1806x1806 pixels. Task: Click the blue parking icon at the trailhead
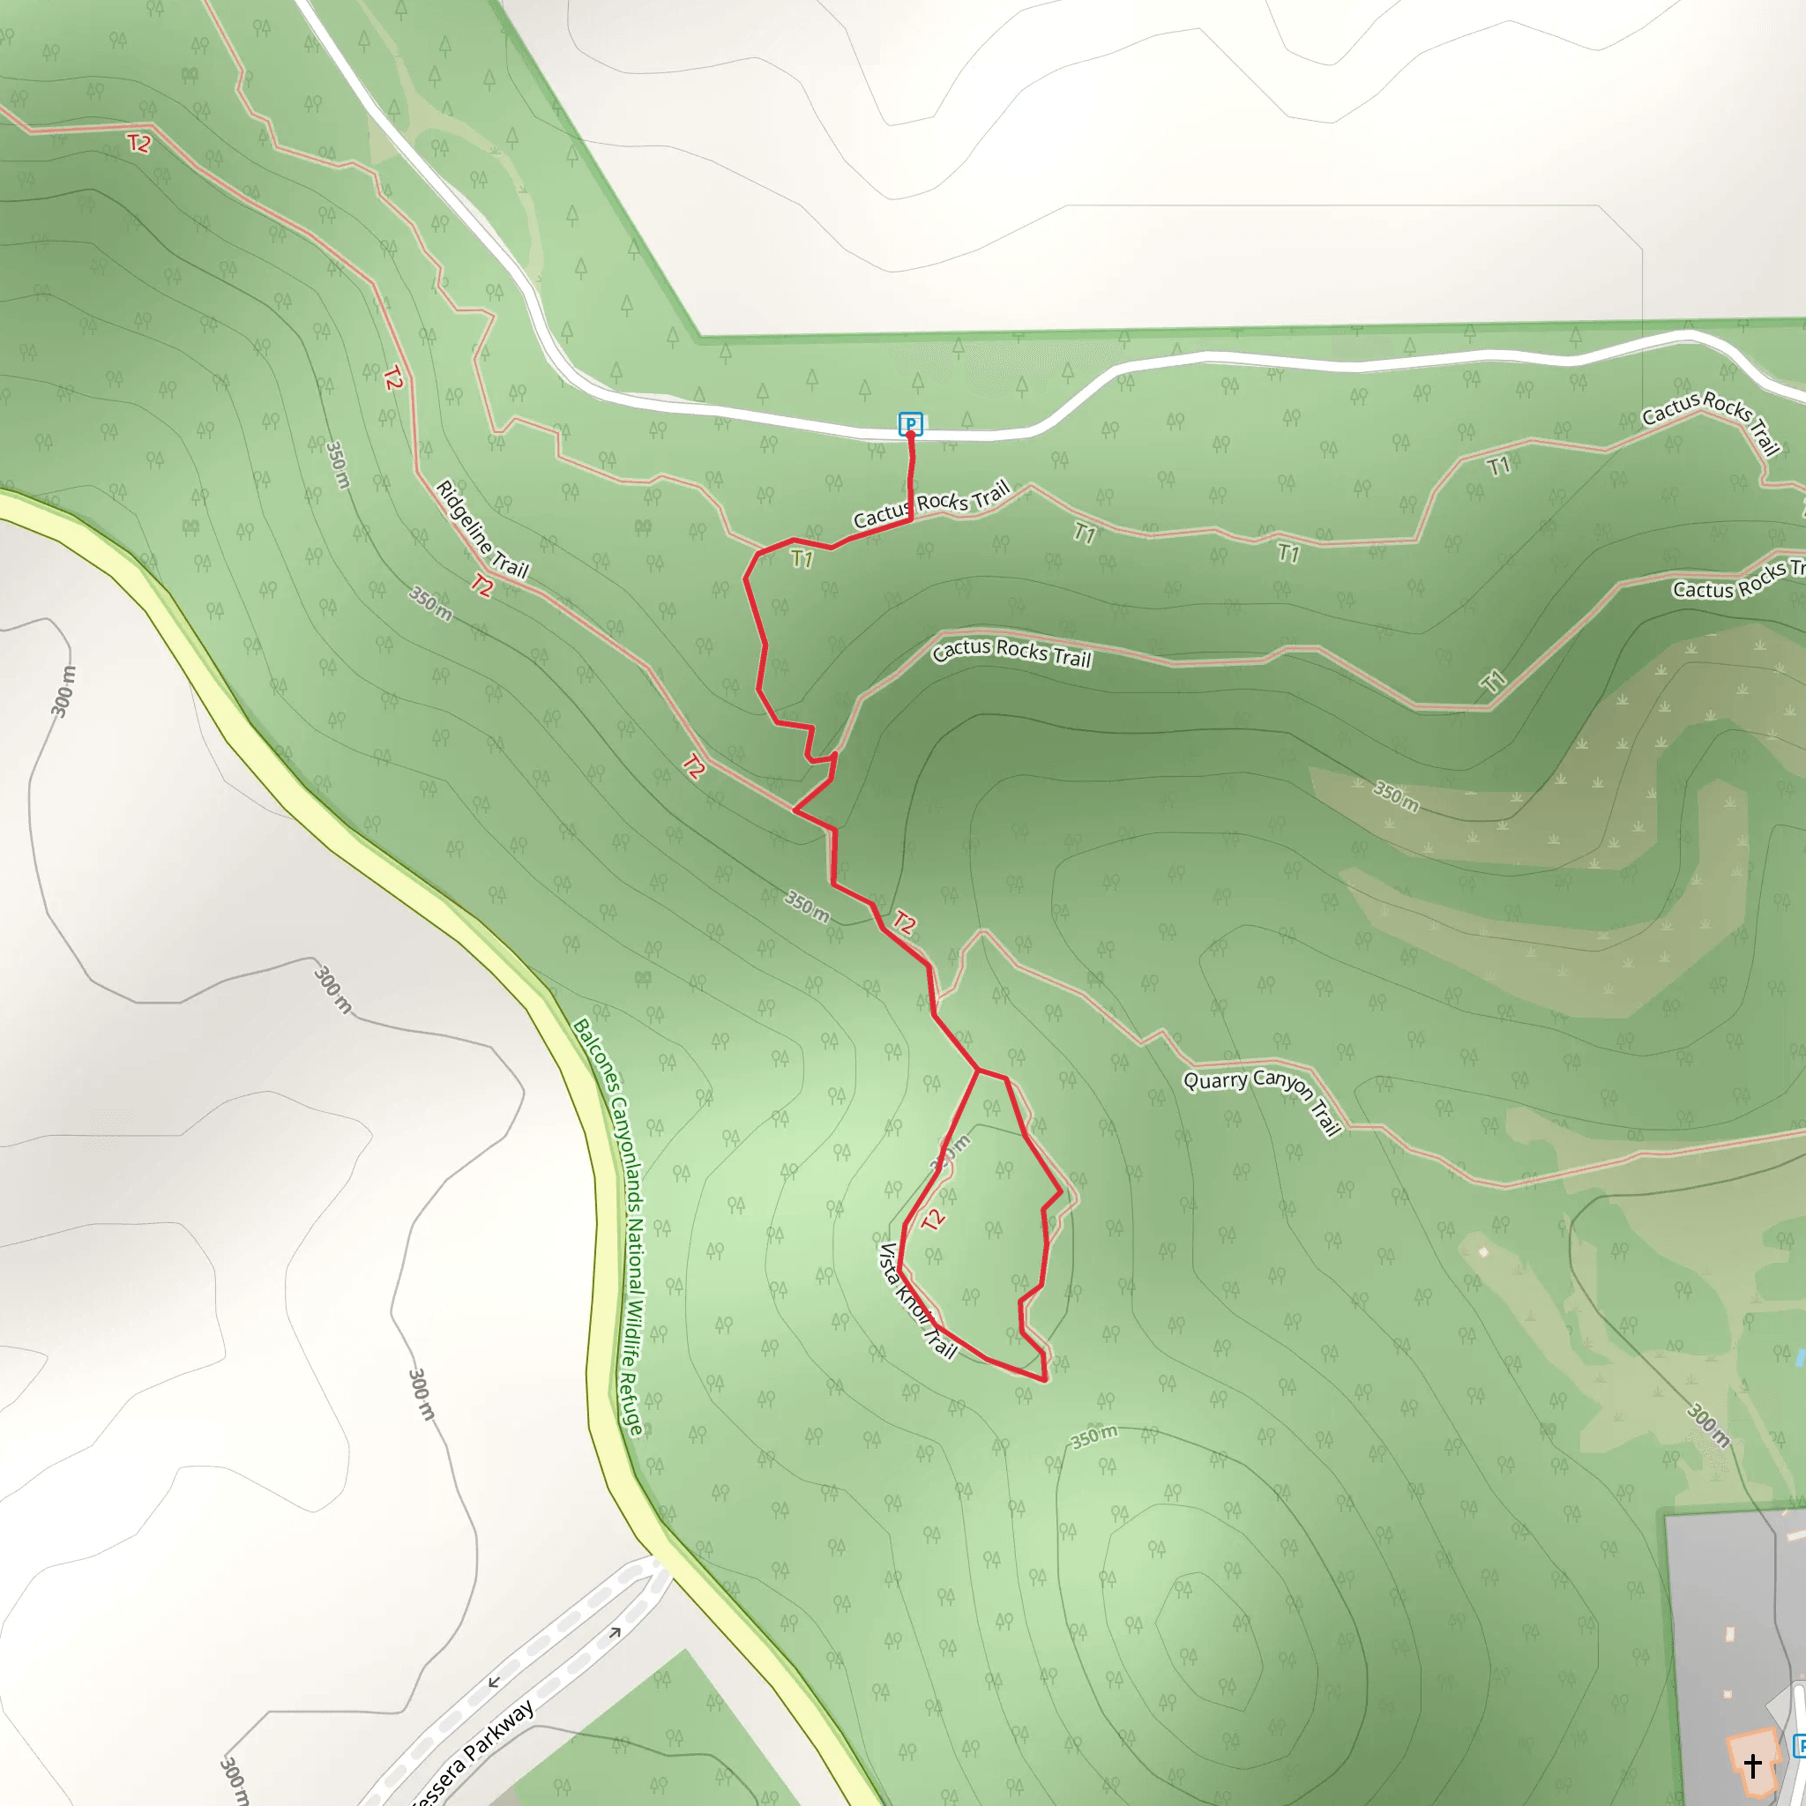coord(909,423)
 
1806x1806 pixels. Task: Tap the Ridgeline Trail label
coord(482,529)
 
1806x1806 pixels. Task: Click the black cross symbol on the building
coord(1752,1763)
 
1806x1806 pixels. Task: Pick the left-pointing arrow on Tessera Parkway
coord(494,1683)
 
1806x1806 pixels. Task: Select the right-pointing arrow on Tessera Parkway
coord(616,1633)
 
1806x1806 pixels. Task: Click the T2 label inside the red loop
coord(933,1219)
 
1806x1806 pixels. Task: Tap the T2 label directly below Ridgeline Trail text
coord(481,586)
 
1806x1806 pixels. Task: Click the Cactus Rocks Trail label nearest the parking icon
coord(931,504)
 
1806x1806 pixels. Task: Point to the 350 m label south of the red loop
coord(1093,1437)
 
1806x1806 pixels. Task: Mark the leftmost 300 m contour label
coord(63,691)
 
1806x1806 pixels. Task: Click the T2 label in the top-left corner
coord(138,143)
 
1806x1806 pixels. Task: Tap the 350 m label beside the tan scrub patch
coord(1396,795)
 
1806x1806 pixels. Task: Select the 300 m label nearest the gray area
coord(1707,1426)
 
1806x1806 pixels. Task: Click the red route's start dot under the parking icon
coord(910,436)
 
